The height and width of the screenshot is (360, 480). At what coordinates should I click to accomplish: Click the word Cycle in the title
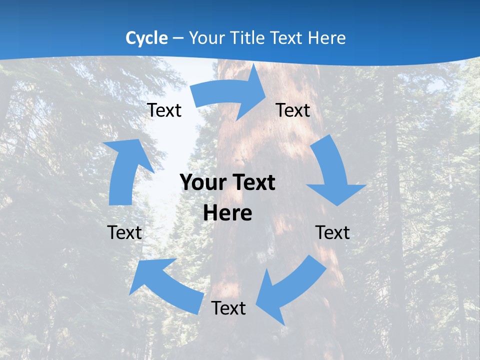(x=146, y=38)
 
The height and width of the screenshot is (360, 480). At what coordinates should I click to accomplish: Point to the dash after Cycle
(x=178, y=38)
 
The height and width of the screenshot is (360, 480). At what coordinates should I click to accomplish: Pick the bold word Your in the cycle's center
(x=203, y=182)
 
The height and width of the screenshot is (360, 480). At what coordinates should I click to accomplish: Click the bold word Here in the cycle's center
(x=227, y=213)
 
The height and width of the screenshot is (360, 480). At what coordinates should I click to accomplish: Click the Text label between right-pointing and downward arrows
(x=293, y=110)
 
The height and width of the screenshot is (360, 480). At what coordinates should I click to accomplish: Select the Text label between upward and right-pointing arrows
(x=164, y=110)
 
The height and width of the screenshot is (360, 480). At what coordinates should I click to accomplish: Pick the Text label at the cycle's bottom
(x=228, y=308)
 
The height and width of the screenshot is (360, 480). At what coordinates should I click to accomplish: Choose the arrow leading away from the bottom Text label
(x=165, y=285)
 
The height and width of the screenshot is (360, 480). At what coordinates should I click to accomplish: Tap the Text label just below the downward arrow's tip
(x=332, y=232)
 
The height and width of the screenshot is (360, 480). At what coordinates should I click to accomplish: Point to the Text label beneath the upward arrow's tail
(x=124, y=232)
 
